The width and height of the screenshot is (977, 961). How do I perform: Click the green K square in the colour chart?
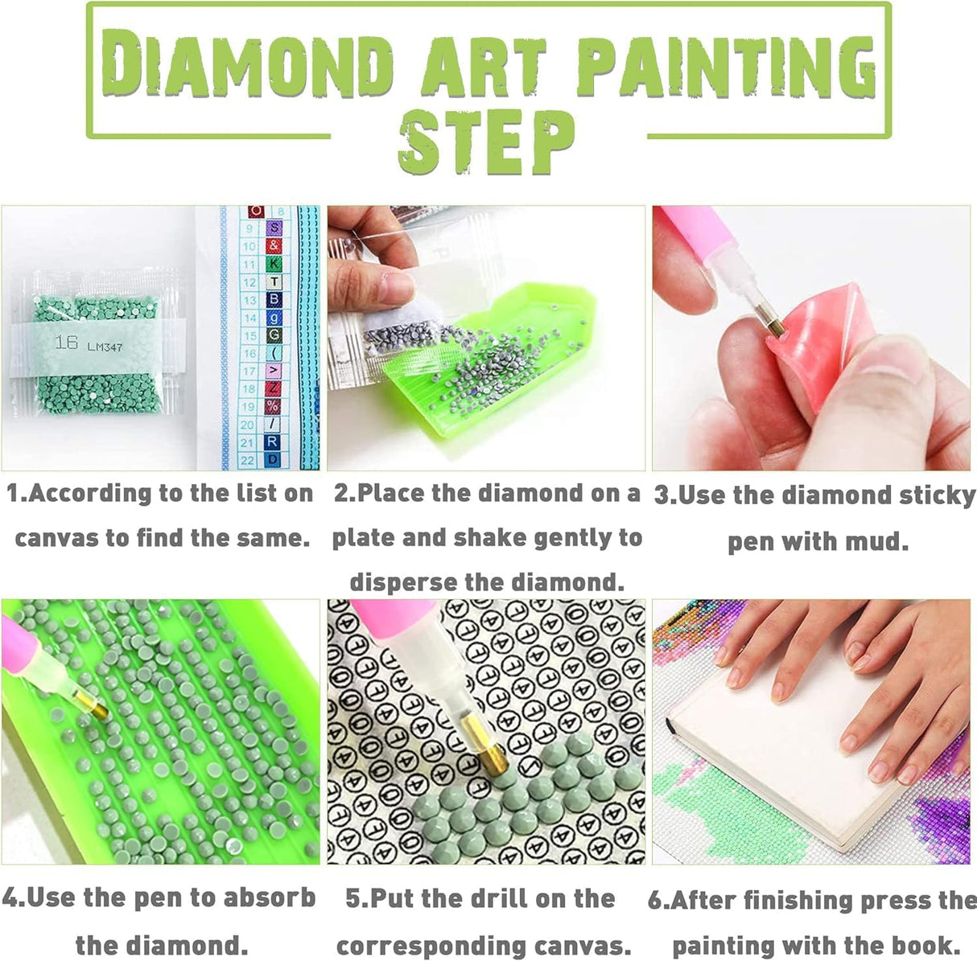[274, 264]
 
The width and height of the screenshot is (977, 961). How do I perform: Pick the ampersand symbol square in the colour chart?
[274, 246]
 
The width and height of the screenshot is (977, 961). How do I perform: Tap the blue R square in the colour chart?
[274, 441]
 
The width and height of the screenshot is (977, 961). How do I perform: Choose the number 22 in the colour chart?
[249, 459]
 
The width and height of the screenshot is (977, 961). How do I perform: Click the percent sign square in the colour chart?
[274, 406]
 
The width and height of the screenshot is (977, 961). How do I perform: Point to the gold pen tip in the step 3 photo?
[774, 326]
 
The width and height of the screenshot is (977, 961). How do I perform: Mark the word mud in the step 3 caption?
[877, 541]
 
